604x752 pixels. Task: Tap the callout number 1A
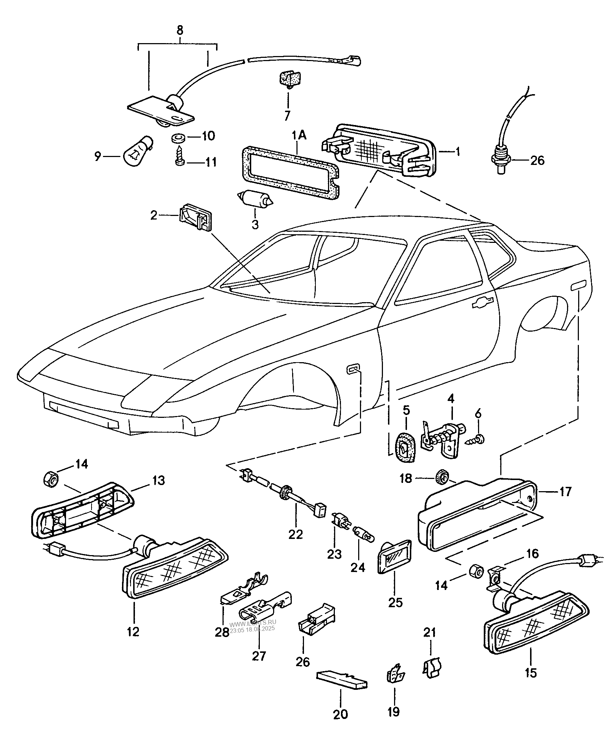coord(299,135)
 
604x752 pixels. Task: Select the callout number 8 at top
coord(179,30)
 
